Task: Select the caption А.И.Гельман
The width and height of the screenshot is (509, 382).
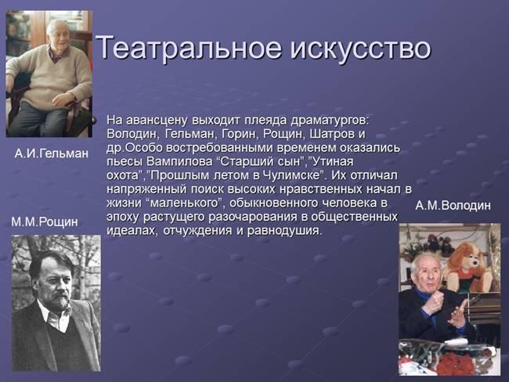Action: pos(52,154)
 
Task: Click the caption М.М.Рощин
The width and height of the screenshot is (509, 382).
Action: pos(45,222)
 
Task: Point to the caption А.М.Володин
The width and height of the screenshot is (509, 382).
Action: pos(453,206)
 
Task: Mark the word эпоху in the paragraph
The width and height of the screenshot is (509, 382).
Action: pos(125,218)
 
